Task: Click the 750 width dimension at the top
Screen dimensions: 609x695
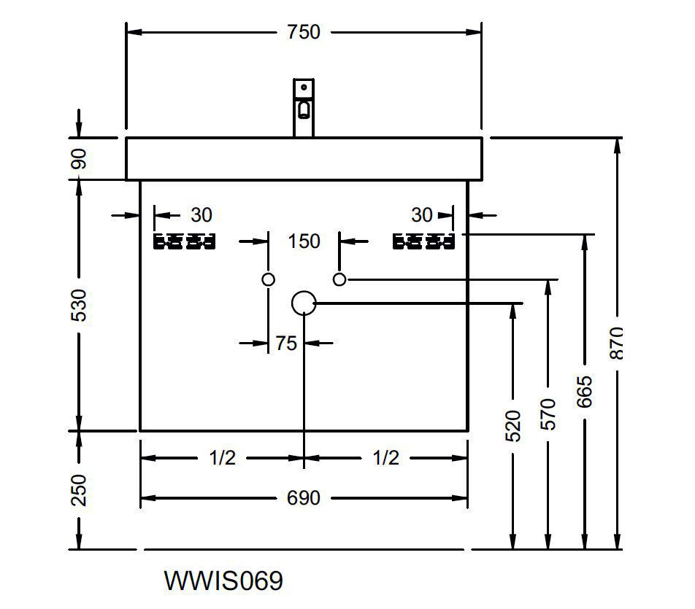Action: click(303, 32)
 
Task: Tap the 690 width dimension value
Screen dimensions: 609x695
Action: click(303, 498)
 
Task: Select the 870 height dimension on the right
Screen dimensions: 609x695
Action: click(617, 343)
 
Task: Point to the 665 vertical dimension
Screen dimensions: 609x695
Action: click(583, 392)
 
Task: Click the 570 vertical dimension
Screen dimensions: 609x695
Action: click(548, 414)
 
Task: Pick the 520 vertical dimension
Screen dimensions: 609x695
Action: click(513, 426)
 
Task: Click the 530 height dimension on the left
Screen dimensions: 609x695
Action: click(80, 305)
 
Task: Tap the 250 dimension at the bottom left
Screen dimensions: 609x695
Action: click(80, 490)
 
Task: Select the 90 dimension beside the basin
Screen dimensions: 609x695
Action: click(80, 158)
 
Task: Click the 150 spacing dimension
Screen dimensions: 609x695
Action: click(303, 241)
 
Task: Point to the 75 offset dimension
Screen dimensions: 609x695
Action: click(286, 343)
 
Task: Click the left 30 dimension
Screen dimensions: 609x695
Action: click(201, 215)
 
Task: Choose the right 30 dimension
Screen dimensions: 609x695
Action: click(421, 215)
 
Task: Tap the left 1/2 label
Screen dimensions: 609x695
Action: click(222, 459)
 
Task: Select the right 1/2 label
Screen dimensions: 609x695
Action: click(385, 459)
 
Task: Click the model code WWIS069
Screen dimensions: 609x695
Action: click(223, 581)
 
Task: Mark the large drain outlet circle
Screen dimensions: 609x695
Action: click(304, 303)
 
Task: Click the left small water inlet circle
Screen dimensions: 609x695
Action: click(268, 279)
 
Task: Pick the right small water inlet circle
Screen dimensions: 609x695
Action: click(339, 279)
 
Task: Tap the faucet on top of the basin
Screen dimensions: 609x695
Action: click(304, 107)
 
